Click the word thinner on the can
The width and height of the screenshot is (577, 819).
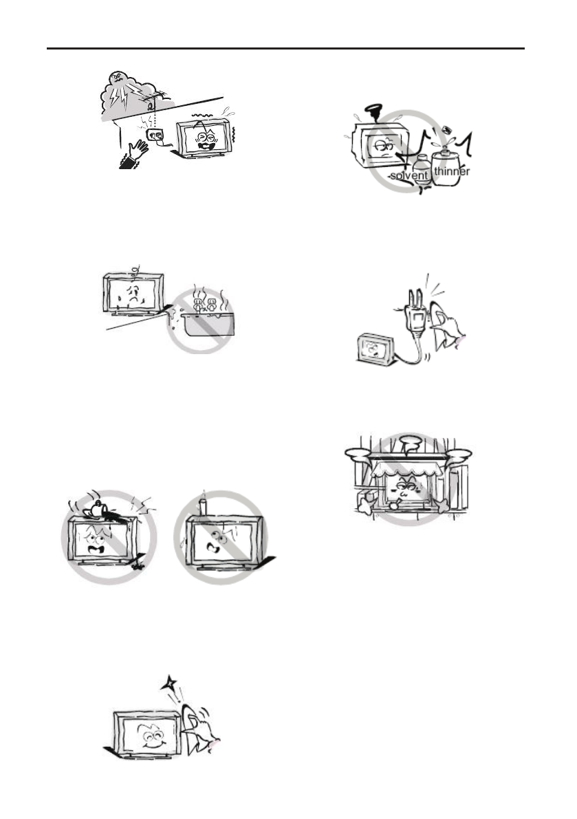click(452, 172)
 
